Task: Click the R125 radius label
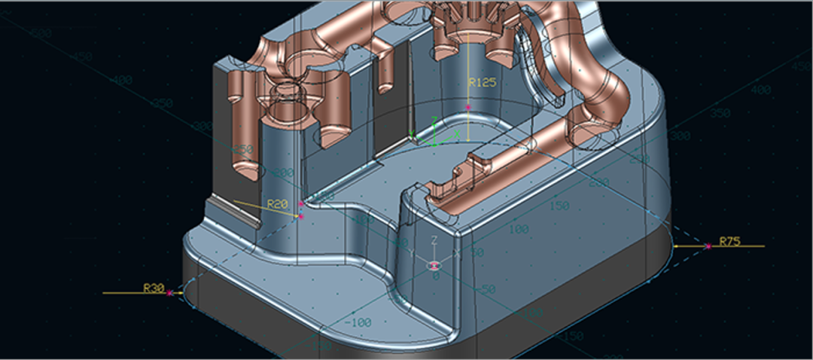click(482, 83)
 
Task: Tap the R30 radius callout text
click(154, 287)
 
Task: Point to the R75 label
click(729, 241)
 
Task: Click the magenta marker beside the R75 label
click(708, 246)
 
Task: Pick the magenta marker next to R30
click(171, 292)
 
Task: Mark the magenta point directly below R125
click(467, 108)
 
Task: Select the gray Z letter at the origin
click(434, 240)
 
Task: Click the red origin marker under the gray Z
click(435, 265)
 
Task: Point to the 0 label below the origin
click(435, 276)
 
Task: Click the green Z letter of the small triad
click(433, 120)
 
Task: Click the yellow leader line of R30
click(135, 292)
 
